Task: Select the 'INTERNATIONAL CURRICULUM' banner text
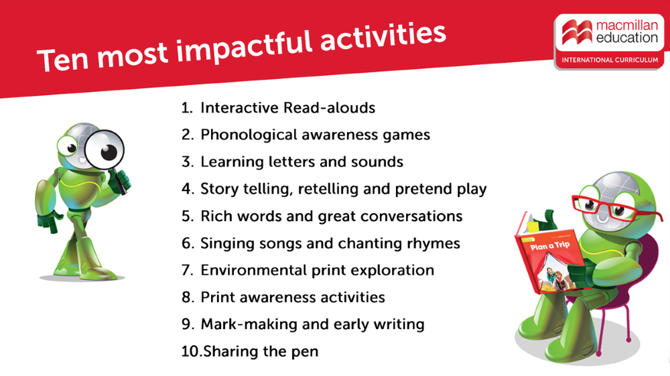click(x=610, y=60)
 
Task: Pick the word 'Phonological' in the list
click(x=247, y=135)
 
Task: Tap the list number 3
click(x=187, y=162)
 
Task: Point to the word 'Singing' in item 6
click(x=228, y=243)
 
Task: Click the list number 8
click(x=187, y=297)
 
